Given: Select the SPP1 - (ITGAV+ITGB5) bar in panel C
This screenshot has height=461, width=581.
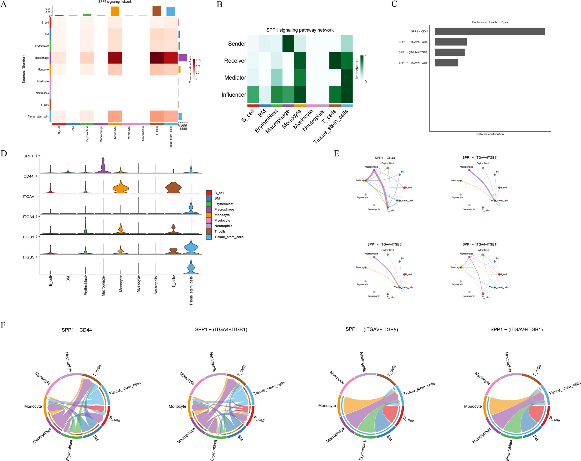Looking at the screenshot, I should tap(446, 63).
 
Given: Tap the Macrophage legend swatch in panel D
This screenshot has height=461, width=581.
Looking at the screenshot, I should tap(209, 210).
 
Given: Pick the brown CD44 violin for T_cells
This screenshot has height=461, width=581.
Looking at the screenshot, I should tap(173, 188).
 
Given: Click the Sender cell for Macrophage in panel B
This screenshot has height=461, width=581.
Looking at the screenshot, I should tap(288, 44).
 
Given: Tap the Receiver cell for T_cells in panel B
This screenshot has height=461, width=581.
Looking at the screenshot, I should tap(335, 61).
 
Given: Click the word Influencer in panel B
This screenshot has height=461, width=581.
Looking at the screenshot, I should tap(234, 95).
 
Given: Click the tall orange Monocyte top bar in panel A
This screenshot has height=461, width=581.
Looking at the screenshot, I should tap(115, 11).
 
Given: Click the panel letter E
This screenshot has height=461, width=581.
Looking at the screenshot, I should tap(336, 154).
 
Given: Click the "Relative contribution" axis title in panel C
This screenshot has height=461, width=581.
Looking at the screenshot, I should tap(490, 134).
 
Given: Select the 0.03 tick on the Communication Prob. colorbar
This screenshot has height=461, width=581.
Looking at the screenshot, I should tap(198, 60).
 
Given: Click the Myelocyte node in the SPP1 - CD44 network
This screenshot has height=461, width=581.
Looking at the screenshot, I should tap(365, 194).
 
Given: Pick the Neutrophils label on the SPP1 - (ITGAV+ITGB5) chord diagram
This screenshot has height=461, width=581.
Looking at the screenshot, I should tap(363, 362).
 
